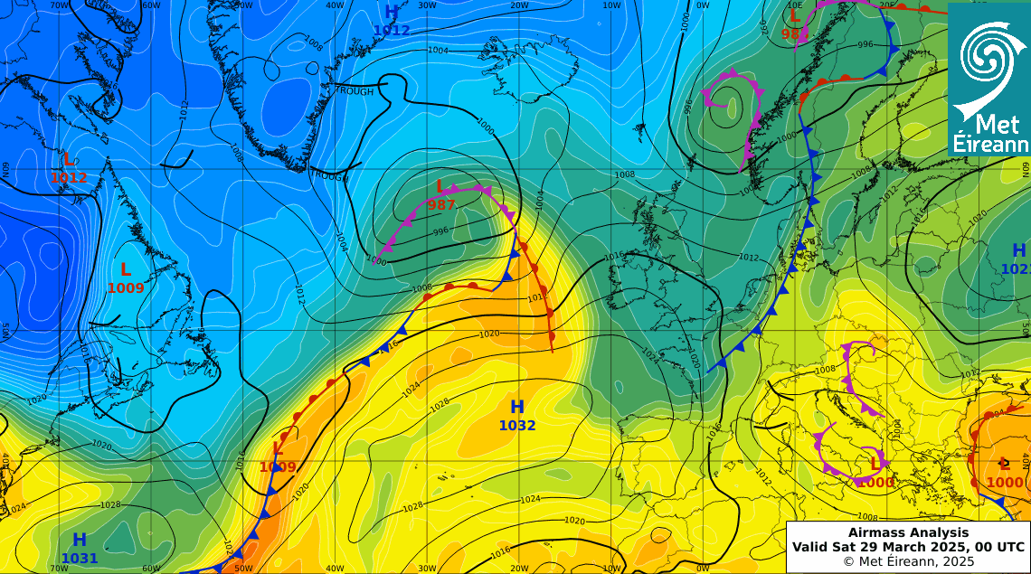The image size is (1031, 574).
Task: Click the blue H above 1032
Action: click(x=517, y=408)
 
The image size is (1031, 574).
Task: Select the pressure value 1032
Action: click(x=517, y=426)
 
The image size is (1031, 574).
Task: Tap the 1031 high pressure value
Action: click(x=80, y=559)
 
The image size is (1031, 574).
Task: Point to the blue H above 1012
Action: click(x=391, y=13)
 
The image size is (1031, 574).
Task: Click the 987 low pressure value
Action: click(x=441, y=205)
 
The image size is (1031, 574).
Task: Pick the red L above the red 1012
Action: click(x=68, y=160)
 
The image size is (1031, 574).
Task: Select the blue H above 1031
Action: click(x=80, y=541)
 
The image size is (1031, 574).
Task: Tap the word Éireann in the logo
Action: click(x=990, y=145)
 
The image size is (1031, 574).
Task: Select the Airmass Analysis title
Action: click(x=908, y=532)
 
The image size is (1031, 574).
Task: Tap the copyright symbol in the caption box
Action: click(x=847, y=561)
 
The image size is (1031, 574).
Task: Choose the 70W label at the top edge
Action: click(x=60, y=5)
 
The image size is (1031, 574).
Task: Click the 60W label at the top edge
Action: click(x=152, y=5)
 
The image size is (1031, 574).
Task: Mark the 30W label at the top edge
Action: click(x=428, y=5)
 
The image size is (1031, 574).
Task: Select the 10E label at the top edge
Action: click(x=796, y=5)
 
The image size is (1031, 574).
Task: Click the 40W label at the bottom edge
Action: click(x=336, y=568)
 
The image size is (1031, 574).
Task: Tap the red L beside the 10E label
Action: click(x=795, y=16)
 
